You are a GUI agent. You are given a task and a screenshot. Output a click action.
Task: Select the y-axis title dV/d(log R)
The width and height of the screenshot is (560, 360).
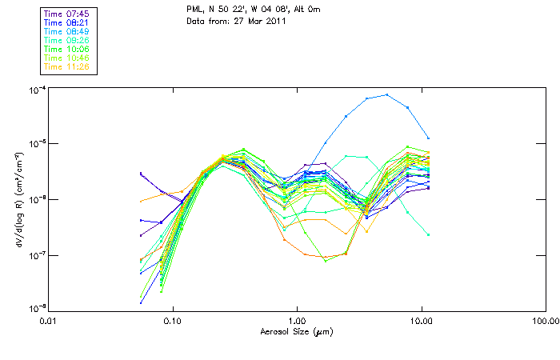point(18,198)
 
